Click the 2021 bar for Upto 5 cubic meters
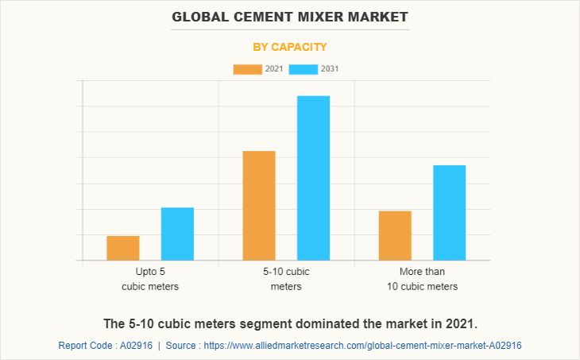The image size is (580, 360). coord(123,248)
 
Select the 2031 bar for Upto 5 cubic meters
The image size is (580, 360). coord(177,234)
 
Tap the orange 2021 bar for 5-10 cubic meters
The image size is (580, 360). coord(259,205)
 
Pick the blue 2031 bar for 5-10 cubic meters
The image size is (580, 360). coord(313,178)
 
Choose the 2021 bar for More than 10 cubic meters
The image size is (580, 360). coord(395,235)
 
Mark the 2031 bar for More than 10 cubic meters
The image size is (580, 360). coord(449,212)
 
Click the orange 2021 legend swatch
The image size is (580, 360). coord(247,69)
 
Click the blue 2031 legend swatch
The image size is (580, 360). coord(303,69)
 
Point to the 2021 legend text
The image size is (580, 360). coord(274,69)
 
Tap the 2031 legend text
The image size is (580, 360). coord(330,69)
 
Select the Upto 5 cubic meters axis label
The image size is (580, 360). coord(150,279)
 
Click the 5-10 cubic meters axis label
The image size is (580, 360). coord(286,279)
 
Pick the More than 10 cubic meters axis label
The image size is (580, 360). coord(422,279)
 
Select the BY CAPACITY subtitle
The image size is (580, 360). coord(290,47)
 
